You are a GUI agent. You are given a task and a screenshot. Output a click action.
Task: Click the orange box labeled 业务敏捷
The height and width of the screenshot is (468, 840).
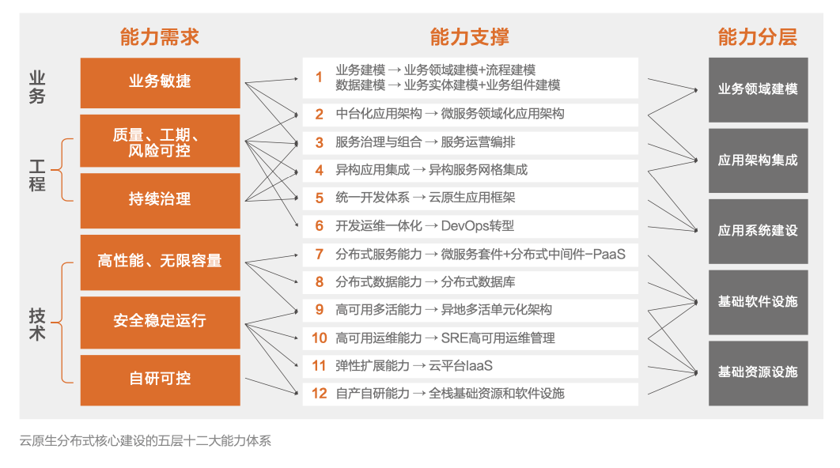161,83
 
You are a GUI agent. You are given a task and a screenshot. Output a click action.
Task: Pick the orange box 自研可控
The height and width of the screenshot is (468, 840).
161,380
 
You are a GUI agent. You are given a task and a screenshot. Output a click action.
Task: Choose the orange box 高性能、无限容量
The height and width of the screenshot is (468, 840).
161,262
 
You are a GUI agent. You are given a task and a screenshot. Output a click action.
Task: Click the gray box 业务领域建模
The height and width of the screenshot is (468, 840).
758,90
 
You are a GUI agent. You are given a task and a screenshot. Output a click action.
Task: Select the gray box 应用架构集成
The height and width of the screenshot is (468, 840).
758,160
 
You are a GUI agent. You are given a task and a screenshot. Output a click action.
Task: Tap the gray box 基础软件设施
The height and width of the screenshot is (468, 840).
758,303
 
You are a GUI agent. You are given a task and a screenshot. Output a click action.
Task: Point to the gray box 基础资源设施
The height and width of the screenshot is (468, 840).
758,373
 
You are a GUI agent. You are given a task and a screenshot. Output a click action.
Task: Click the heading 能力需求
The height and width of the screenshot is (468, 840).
160,37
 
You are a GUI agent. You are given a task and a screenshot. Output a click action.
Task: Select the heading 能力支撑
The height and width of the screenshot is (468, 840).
470,37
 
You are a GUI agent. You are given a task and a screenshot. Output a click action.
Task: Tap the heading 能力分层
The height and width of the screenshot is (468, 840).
758,37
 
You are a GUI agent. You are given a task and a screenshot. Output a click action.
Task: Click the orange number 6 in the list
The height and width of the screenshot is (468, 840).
320,226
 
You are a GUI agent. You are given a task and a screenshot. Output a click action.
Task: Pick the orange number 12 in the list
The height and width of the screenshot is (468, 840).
320,394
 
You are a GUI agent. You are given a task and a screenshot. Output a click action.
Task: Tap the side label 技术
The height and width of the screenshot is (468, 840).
37,324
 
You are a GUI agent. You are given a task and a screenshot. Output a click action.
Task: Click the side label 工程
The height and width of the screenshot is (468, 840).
37,175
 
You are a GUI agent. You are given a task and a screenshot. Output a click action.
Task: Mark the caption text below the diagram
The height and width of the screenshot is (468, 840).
146,440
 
